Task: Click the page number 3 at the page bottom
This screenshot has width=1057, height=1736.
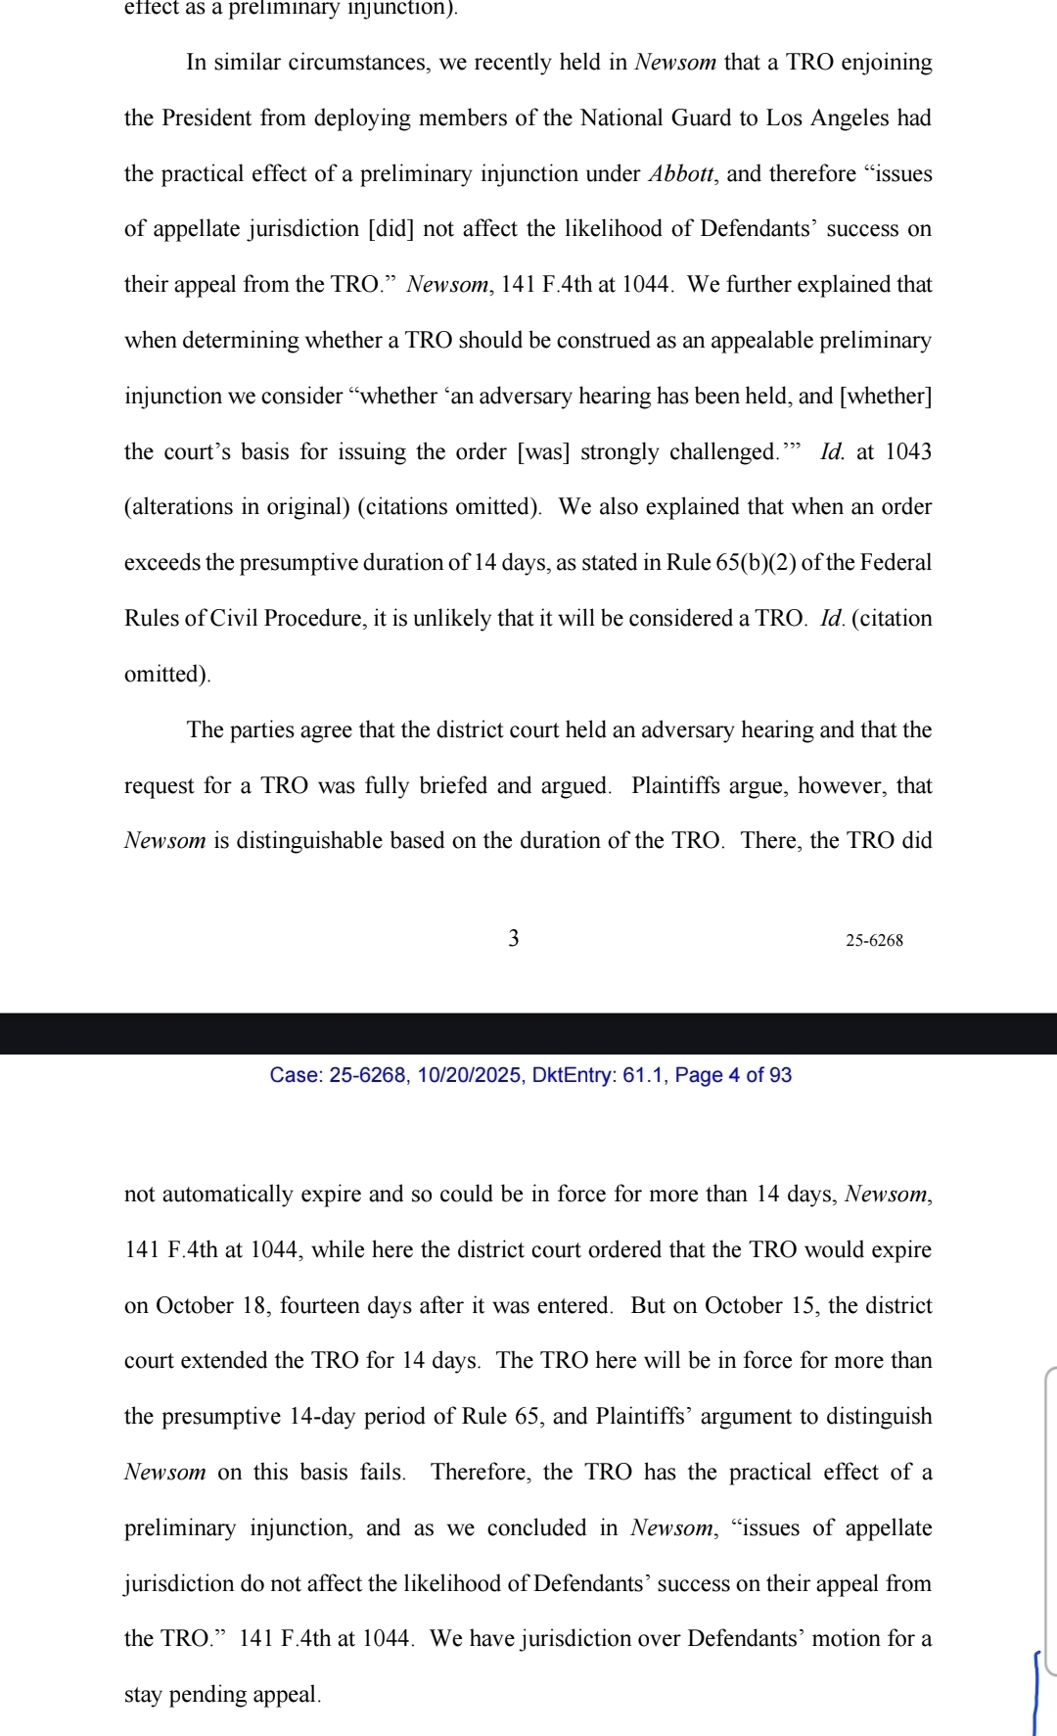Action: [x=514, y=938]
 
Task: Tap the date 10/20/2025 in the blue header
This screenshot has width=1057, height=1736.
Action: [x=469, y=1075]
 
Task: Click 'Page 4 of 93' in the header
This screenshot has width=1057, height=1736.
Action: [x=733, y=1075]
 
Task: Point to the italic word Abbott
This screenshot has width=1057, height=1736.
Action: [x=681, y=174]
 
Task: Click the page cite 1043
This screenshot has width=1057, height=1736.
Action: [x=908, y=452]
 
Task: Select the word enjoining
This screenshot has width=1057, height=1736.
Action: [x=887, y=63]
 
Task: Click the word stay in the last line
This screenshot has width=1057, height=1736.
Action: [x=144, y=1695]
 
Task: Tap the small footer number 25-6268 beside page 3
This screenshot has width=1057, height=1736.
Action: [x=874, y=941]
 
